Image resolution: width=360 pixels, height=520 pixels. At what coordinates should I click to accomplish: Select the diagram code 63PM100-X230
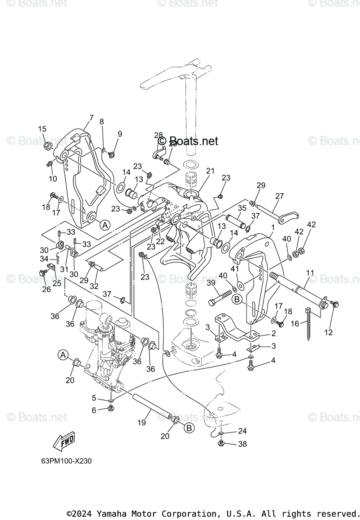coord(64,461)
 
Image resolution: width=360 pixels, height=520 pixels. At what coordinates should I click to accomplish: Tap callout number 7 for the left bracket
coord(91,117)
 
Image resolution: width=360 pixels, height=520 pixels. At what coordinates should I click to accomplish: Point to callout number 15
coord(42,129)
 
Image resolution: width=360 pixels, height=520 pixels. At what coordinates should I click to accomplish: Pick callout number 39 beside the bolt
coord(211,283)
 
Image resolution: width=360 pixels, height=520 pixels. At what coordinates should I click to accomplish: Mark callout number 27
coord(279,196)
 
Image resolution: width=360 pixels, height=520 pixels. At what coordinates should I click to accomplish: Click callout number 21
coord(210,171)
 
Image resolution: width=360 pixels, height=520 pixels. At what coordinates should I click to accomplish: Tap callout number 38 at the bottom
coord(242,444)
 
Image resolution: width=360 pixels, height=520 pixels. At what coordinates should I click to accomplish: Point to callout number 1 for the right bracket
coord(273,227)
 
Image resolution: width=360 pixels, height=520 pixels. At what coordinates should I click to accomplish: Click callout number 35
coord(242,208)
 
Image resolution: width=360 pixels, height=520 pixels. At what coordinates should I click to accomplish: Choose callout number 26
coord(46,289)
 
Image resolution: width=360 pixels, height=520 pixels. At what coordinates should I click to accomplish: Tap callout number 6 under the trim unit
coord(94,410)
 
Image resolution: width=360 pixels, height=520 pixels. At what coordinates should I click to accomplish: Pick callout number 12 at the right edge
coord(328,332)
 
